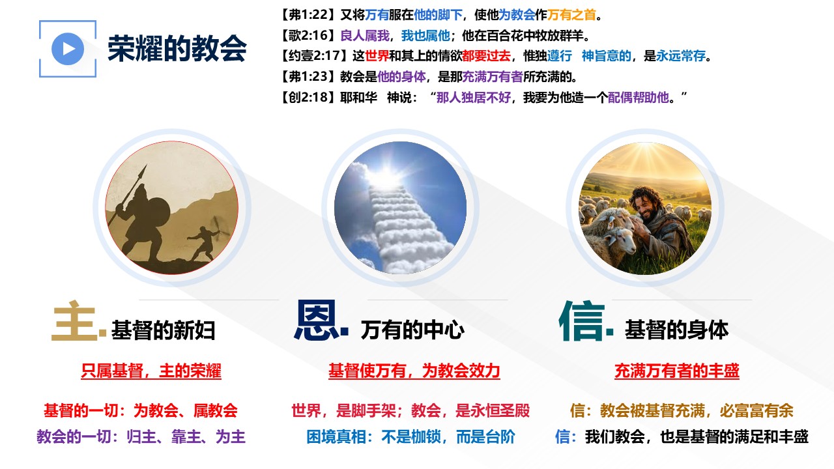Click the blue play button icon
68,49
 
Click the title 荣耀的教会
177,48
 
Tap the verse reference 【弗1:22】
309,15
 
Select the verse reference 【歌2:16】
309,36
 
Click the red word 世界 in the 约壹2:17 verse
377,56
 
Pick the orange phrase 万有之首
571,15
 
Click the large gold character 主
74,321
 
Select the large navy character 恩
317,321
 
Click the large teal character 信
582,321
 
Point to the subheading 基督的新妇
163,330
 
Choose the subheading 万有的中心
412,330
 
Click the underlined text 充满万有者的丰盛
677,371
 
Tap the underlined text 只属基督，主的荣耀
151,371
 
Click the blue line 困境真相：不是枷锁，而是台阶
410,437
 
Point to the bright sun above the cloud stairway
384,175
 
